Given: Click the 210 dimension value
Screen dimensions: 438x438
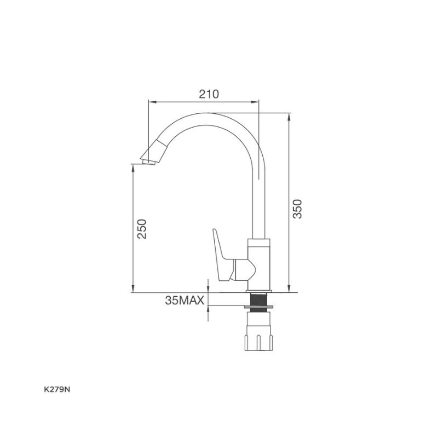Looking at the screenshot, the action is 209,94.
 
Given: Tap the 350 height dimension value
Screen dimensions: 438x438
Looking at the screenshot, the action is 297,209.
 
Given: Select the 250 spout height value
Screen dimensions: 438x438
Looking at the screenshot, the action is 142,229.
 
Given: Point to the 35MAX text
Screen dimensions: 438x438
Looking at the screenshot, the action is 185,301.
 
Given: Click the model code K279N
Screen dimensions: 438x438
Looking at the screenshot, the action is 57,390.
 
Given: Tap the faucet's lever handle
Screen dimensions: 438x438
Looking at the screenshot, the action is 223,255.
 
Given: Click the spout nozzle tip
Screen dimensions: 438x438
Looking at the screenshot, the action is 148,162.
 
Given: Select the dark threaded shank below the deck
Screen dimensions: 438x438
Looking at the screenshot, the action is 258,299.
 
